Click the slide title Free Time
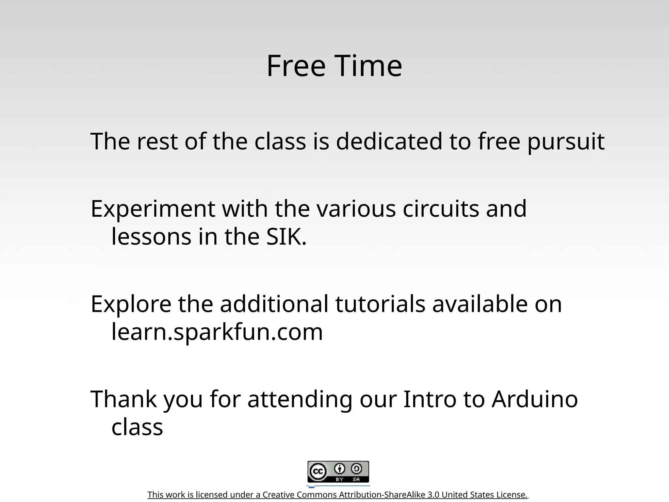[x=334, y=66]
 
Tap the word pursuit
[x=566, y=142]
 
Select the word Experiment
[x=153, y=209]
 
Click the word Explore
[x=131, y=304]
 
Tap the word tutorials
[x=380, y=304]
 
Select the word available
[x=480, y=304]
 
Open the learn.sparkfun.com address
[x=217, y=332]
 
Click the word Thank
[x=123, y=399]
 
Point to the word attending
[x=300, y=400]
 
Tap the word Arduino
[x=535, y=399]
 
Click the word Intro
[x=430, y=399]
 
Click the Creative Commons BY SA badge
[x=338, y=472]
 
